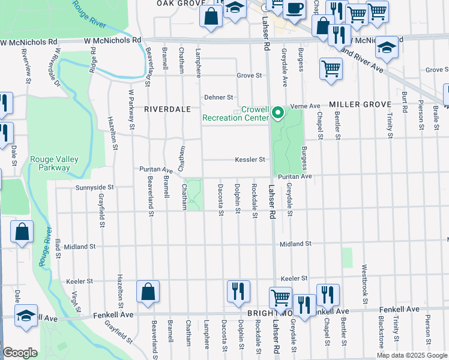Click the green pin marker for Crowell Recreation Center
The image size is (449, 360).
[x=277, y=112]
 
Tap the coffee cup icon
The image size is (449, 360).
[x=294, y=9]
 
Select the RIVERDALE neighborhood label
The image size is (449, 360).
[x=167, y=109]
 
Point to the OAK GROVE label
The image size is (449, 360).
[x=177, y=3]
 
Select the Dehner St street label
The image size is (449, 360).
[x=218, y=97]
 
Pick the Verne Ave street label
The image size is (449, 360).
[x=306, y=106]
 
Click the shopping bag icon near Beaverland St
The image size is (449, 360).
[x=148, y=292]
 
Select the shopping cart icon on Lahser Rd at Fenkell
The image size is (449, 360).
[x=280, y=298]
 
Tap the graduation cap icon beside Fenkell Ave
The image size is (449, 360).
[x=26, y=316]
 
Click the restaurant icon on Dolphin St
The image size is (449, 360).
[x=238, y=292]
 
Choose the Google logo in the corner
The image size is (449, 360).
[x=20, y=353]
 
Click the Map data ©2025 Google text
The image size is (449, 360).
[x=412, y=355]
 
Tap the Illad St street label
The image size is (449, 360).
[x=58, y=247]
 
